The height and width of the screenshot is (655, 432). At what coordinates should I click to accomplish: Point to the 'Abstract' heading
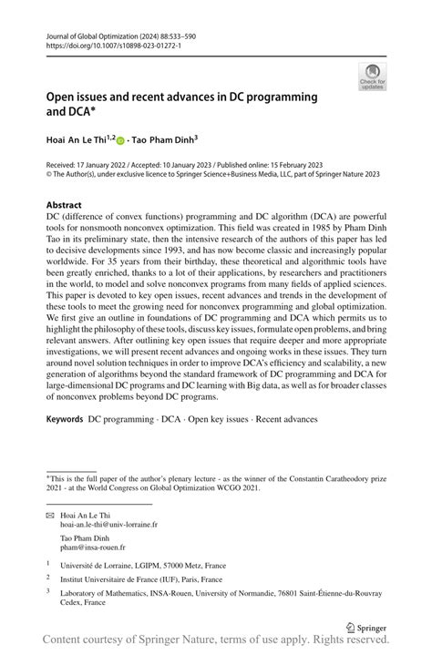point(64,205)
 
